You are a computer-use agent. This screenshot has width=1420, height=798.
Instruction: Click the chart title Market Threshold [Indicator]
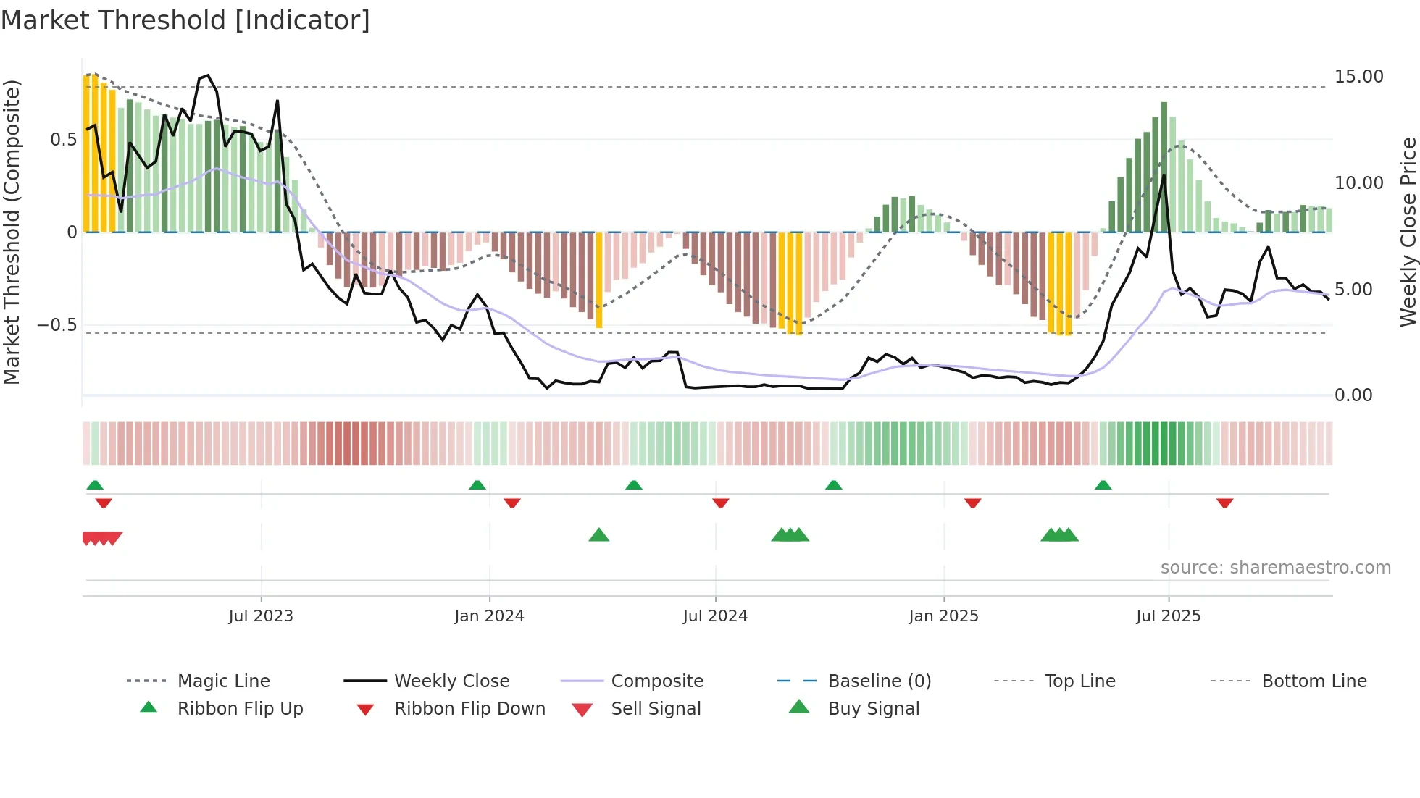(185, 20)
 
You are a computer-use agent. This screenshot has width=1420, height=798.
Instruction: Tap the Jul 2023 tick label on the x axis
(261, 616)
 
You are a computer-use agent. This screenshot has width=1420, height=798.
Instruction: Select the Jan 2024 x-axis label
(489, 616)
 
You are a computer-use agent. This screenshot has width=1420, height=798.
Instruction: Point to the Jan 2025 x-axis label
(943, 616)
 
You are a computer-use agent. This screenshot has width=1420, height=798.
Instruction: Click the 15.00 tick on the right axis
(1358, 77)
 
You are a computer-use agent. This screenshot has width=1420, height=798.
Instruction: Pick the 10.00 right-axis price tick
(1358, 183)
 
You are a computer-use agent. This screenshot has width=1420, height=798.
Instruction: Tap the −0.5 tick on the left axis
(57, 325)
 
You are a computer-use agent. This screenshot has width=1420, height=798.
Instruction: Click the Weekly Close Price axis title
(1408, 232)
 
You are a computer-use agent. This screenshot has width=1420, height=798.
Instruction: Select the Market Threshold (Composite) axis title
(12, 232)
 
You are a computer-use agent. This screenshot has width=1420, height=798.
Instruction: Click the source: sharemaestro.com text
(1275, 568)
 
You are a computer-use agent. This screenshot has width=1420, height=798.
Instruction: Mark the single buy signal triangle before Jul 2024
(599, 535)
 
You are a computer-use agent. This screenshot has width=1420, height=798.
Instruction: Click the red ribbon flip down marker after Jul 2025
(1224, 503)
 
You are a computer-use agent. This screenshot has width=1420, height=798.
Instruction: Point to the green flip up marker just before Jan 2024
(477, 485)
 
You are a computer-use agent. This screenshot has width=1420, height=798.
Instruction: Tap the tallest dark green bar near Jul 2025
(1164, 167)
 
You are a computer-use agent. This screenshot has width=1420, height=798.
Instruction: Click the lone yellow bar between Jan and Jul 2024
(599, 280)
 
